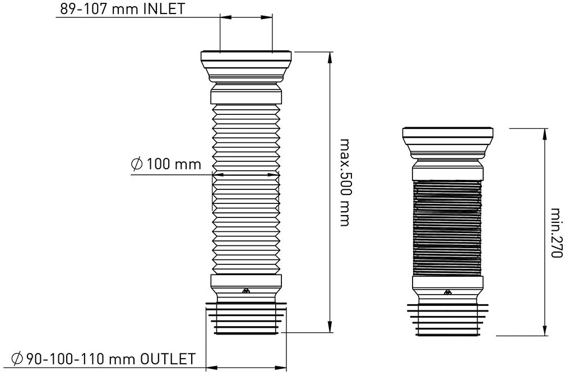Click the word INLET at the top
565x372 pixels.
(x=164, y=8)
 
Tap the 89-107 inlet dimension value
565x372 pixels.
(x=84, y=8)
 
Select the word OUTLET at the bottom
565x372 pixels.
(x=168, y=359)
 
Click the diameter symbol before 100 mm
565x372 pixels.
(x=136, y=164)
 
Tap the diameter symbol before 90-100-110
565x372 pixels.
(x=17, y=359)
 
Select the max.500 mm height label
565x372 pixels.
(x=345, y=183)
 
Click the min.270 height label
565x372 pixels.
(x=557, y=233)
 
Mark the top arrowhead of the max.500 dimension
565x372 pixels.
(x=330, y=58)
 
